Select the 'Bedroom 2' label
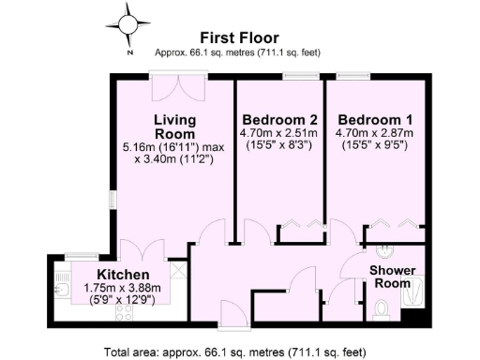(x=278, y=120)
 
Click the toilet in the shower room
(x=381, y=308)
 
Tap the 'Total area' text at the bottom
(x=240, y=352)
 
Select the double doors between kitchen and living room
(x=137, y=250)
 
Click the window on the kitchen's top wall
(x=82, y=256)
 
